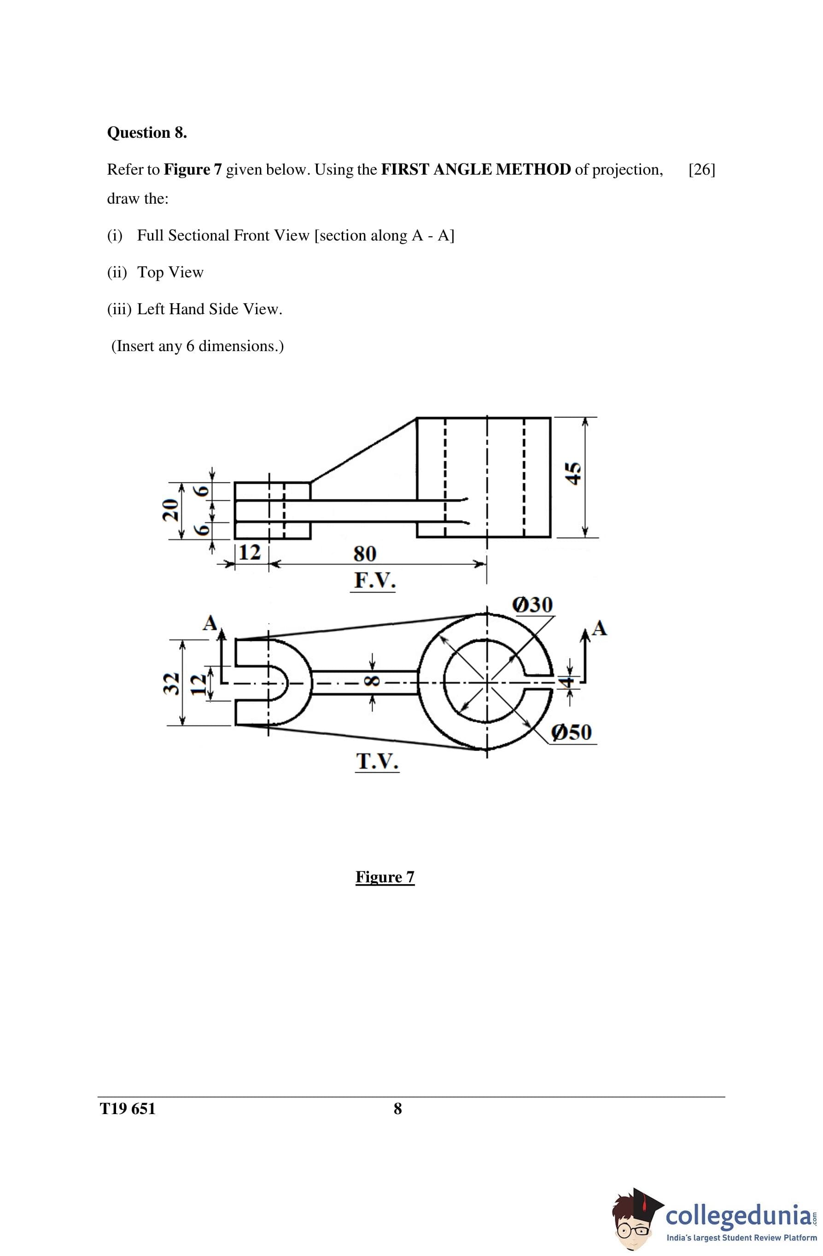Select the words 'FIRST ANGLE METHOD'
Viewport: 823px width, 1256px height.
[475, 170]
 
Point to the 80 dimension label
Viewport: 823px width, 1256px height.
[365, 554]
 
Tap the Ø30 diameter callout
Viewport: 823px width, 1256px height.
[532, 604]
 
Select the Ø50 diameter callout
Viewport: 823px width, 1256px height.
[572, 732]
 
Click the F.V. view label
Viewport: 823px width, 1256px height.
[374, 581]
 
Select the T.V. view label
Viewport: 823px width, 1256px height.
[377, 762]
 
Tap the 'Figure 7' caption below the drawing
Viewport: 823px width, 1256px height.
[385, 876]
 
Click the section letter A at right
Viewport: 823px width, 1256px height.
[599, 628]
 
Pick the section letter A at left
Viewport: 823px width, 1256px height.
[210, 623]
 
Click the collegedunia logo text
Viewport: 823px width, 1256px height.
[737, 1215]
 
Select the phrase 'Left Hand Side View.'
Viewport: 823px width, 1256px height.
[210, 309]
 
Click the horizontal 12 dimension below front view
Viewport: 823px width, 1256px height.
[250, 552]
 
